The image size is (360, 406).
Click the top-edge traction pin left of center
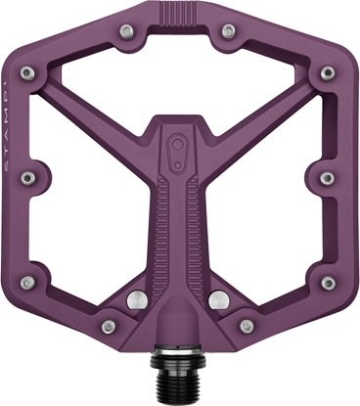pyautogui.click(x=130, y=32)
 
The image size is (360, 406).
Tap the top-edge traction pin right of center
pyautogui.click(x=228, y=31)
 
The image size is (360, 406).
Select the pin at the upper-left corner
pyautogui.click(x=29, y=73)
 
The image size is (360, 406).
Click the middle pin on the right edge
pyautogui.click(x=328, y=178)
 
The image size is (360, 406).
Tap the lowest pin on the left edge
pyautogui.click(x=29, y=282)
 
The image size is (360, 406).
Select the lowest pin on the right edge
pyautogui.click(x=328, y=282)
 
